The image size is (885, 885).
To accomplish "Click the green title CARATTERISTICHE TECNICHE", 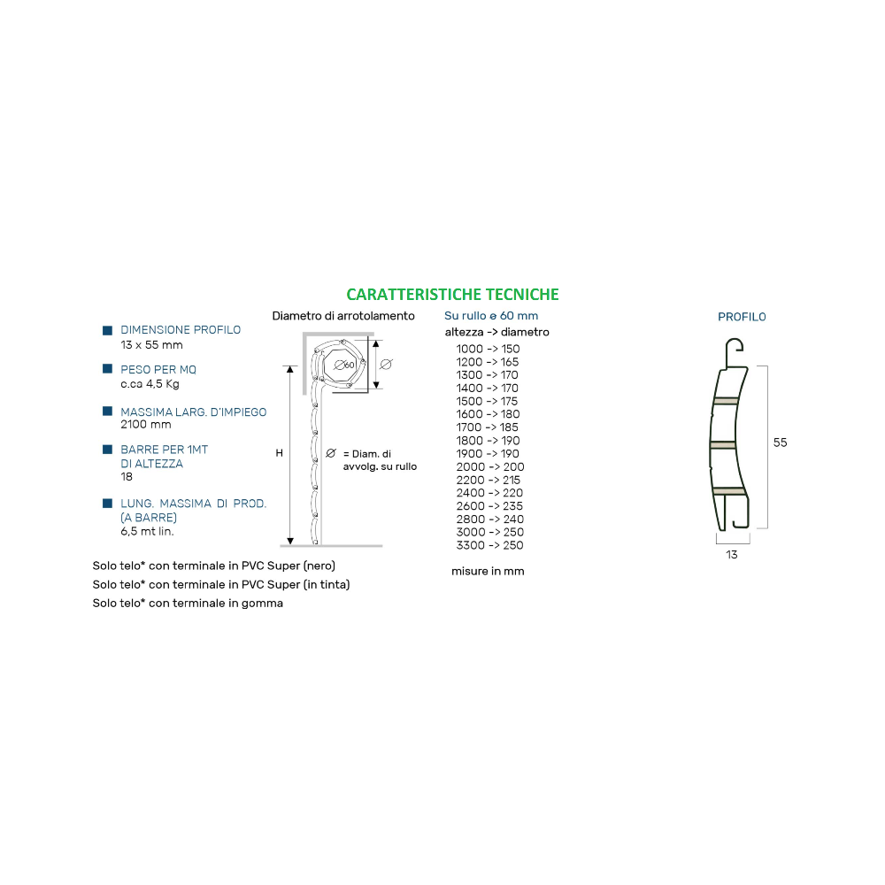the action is click(x=452, y=295).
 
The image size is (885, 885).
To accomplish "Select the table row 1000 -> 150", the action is click(x=488, y=349).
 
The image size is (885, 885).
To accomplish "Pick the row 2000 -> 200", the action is click(x=490, y=466).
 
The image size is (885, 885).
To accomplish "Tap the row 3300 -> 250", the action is click(x=489, y=545).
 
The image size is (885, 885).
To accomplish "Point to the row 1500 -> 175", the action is click(x=487, y=401).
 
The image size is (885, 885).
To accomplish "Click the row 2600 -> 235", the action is click(x=489, y=506).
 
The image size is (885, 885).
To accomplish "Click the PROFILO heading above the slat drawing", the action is click(x=742, y=317).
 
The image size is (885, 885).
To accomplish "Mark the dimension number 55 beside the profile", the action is click(x=780, y=443).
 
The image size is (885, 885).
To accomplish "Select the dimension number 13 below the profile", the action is click(x=732, y=555).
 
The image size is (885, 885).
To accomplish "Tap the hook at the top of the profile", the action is click(x=735, y=345).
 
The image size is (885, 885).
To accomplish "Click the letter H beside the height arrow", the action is click(x=280, y=453).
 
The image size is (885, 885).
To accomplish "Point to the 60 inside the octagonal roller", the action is click(x=350, y=366).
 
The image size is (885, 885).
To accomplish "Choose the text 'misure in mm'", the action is click(x=488, y=571).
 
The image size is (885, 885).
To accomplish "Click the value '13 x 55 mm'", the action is click(x=151, y=345).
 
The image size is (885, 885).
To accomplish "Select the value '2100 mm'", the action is click(x=146, y=425).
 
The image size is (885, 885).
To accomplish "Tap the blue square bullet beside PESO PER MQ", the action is click(x=107, y=369).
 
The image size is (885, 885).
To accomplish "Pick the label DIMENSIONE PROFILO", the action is click(x=181, y=330).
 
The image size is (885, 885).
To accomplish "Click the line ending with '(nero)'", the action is click(x=214, y=566).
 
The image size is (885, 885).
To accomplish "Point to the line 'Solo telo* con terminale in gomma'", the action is click(x=188, y=604).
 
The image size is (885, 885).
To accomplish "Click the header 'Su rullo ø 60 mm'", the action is click(x=491, y=316).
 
